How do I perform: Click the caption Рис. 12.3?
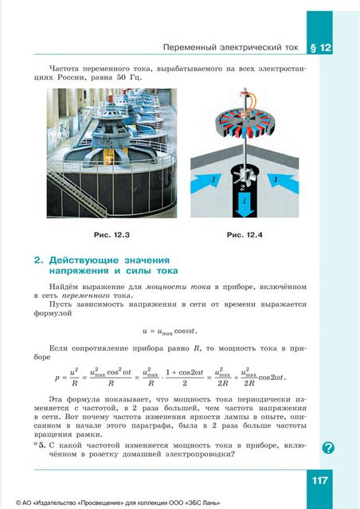[111, 235]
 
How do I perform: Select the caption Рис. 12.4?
[245, 235]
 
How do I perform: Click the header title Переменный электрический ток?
[230, 48]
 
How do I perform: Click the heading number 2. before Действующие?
[38, 260]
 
